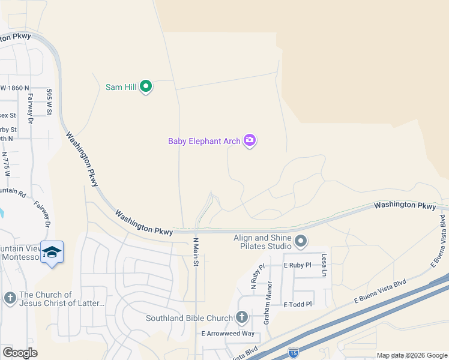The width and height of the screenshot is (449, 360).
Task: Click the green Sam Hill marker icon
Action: click(146, 87)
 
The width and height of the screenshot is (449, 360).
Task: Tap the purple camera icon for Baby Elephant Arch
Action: click(250, 141)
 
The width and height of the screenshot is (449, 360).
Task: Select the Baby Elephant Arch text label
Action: click(203, 142)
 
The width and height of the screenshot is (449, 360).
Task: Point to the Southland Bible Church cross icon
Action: click(242, 317)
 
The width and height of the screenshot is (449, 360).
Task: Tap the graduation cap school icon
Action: click(52, 253)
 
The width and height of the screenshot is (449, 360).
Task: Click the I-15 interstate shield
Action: click(293, 352)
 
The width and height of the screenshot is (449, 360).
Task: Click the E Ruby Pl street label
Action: click(298, 265)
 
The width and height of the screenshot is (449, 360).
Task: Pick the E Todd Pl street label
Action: click(298, 304)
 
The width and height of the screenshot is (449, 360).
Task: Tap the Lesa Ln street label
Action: click(324, 265)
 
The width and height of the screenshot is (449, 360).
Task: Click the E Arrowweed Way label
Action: click(228, 334)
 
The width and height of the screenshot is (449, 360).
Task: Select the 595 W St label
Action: click(50, 101)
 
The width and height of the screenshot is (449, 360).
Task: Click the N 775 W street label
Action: click(8, 161)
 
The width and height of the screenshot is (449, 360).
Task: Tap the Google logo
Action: click(20, 353)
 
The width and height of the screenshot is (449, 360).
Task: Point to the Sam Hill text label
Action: click(121, 87)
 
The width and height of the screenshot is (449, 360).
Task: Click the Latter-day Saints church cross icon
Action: click(9, 298)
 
